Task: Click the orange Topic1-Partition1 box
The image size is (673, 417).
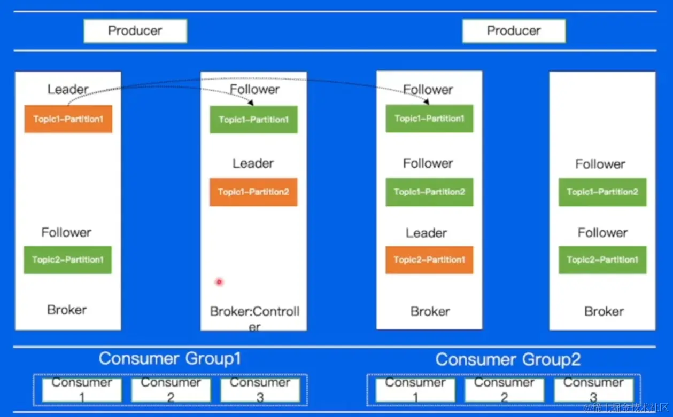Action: [68, 119]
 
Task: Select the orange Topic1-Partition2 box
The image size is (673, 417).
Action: [253, 192]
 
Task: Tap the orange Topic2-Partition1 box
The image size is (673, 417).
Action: [429, 260]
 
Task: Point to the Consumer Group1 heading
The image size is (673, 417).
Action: [170, 359]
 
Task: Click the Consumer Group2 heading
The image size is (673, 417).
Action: [508, 359]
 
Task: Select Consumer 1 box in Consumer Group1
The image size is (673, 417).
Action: [82, 390]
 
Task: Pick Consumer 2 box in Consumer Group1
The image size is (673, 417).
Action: [171, 390]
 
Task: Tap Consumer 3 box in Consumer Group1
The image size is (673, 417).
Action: [260, 390]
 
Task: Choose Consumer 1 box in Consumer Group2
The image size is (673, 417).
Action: [415, 390]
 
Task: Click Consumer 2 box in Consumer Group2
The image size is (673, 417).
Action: [504, 390]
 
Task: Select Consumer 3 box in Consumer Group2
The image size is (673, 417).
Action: [593, 390]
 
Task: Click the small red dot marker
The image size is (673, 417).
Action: [219, 281]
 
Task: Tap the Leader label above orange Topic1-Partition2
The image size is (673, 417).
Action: [253, 163]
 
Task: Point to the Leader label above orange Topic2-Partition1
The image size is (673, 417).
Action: [426, 233]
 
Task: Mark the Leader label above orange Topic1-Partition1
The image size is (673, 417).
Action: [68, 89]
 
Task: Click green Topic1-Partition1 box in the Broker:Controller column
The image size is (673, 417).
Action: [253, 120]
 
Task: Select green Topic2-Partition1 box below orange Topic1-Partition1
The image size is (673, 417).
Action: [68, 260]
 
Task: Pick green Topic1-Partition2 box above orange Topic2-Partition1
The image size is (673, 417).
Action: [429, 192]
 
